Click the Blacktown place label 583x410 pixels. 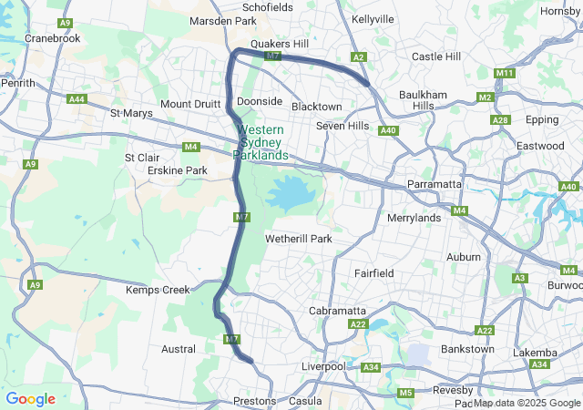coord(316,107)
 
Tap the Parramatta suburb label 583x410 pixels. coord(434,184)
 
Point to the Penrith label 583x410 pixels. coord(18,83)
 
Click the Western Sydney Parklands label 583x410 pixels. coord(262,143)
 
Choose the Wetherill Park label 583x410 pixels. coord(298,239)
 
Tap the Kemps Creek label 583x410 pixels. coord(157,290)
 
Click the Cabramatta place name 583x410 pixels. coord(337,311)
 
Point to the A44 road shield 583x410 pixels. coord(77,99)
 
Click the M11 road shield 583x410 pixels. coord(505,73)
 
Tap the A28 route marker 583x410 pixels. coord(499,120)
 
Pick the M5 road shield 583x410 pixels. coord(405,393)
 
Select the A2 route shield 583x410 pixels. coord(359,57)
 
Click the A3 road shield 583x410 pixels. coord(520,278)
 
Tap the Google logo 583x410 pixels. coord(30,399)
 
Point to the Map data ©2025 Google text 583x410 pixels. coord(527,403)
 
